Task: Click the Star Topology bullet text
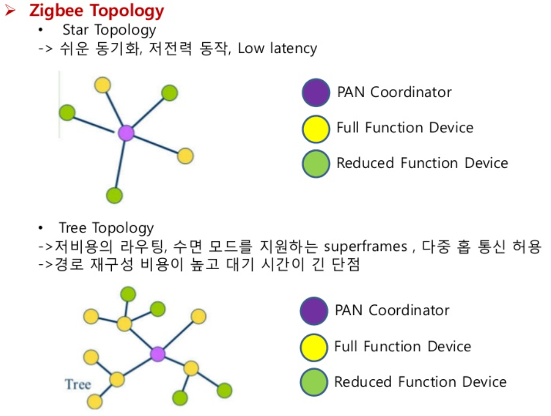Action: click(x=109, y=29)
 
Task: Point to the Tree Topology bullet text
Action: click(x=106, y=228)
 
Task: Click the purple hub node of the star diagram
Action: click(x=126, y=133)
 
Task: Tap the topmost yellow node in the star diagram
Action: click(x=103, y=84)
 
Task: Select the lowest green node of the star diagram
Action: click(x=114, y=196)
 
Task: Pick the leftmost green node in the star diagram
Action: click(x=67, y=112)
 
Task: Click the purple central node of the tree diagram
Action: click(x=157, y=354)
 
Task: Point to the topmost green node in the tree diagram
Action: click(x=128, y=294)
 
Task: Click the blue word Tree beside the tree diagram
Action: click(x=78, y=384)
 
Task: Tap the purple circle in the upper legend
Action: click(x=316, y=93)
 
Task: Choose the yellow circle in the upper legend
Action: click(x=316, y=128)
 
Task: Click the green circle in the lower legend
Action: click(x=314, y=382)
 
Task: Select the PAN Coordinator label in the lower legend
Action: click(x=392, y=310)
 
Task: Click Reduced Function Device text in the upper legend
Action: click(x=422, y=163)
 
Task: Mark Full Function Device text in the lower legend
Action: click(x=403, y=346)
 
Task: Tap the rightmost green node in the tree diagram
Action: click(x=225, y=390)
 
